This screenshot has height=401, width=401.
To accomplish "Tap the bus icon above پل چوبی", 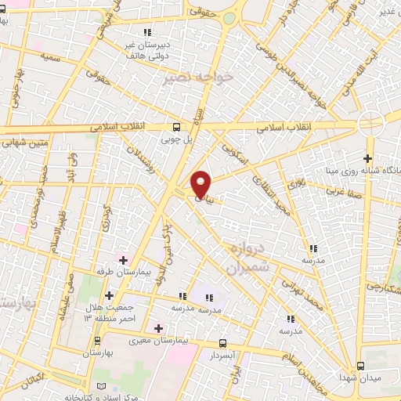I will pyautogui.click(x=175, y=126).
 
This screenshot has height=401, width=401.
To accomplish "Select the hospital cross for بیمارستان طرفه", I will pyautogui.click(x=123, y=259).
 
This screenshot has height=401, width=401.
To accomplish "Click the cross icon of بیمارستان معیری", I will pyautogui.click(x=159, y=327).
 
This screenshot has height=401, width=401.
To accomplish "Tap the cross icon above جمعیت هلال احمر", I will pyautogui.click(x=109, y=294).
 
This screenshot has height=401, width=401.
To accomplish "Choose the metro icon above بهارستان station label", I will pyautogui.click(x=97, y=341).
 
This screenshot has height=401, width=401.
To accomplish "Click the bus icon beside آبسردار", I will pyautogui.click(x=223, y=343).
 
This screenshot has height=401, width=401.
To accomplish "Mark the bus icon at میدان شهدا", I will pyautogui.click(x=360, y=366).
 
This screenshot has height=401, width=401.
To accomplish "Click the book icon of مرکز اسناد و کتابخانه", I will pyautogui.click(x=99, y=387).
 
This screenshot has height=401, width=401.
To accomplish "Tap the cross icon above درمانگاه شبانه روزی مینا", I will pyautogui.click(x=367, y=158).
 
